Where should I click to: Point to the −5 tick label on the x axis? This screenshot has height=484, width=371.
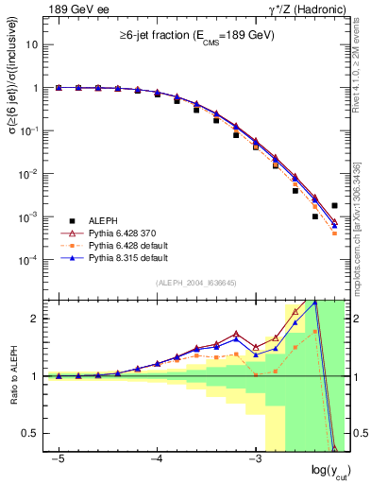pyautogui.click(x=58, y=458)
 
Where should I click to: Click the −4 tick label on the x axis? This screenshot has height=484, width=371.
pyautogui.click(x=156, y=458)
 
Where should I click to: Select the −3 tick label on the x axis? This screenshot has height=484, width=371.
pyautogui.click(x=253, y=458)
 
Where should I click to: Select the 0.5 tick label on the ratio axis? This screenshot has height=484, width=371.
pyautogui.click(x=30, y=433)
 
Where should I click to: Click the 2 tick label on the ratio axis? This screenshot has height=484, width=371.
pyautogui.click(x=35, y=319)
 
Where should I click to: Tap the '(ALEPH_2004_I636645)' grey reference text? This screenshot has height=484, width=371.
pyautogui.click(x=195, y=283)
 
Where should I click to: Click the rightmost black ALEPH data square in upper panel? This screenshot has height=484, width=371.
pyautogui.click(x=334, y=205)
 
